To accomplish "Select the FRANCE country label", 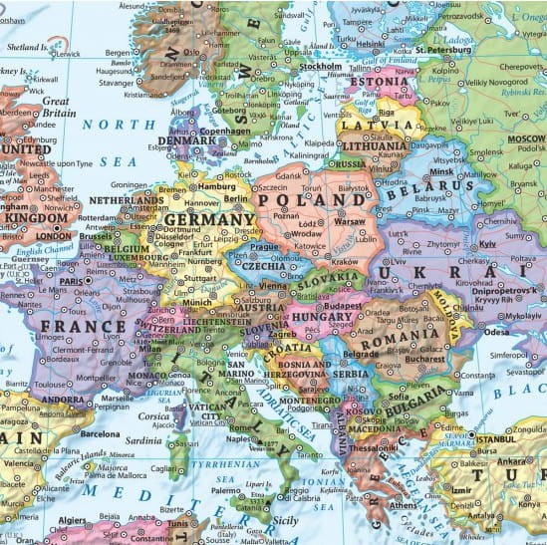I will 83,326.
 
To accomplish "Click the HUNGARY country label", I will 322,317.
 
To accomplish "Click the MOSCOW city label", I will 526,138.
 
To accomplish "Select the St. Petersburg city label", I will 448,49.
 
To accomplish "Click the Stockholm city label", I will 320,67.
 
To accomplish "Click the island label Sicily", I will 285,520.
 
